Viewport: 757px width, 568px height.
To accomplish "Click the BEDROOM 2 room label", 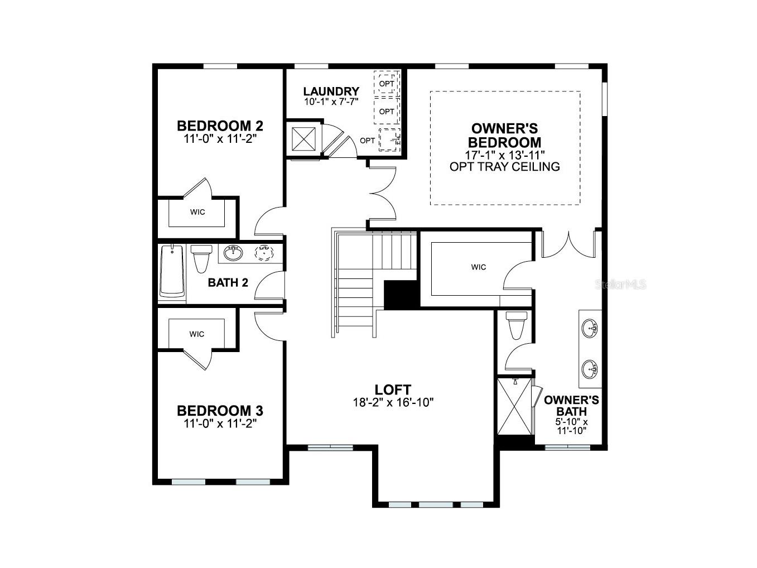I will [220, 125].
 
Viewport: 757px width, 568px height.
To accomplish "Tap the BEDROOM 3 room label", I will [220, 411].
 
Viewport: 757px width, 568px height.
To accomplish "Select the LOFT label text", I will [393, 389].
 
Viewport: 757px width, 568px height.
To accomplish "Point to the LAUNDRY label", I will [331, 92].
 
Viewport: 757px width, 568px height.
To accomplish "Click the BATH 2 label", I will [228, 282].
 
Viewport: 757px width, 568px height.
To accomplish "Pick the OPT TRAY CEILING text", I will [504, 166].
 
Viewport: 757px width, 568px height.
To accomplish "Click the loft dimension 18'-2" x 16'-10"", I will [393, 402].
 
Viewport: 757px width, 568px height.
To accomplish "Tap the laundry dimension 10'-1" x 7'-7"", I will [331, 102].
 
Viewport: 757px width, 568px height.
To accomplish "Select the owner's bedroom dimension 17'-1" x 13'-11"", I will [504, 155].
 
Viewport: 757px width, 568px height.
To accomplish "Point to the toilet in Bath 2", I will [201, 258].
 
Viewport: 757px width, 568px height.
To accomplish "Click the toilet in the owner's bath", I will [516, 325].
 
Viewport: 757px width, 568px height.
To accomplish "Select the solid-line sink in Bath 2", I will [233, 253].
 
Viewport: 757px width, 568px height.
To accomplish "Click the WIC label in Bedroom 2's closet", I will [197, 212].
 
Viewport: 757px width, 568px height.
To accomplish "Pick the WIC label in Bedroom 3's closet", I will [196, 334].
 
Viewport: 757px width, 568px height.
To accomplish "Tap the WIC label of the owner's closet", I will [478, 267].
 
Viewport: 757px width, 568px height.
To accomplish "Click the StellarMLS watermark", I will [621, 285].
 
